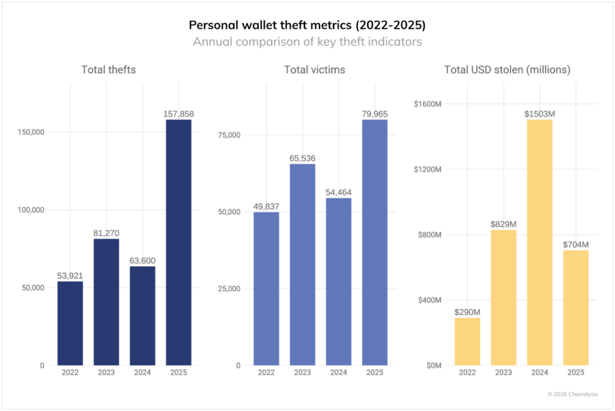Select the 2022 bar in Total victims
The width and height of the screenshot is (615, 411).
click(x=266, y=288)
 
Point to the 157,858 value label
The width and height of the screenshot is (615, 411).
click(x=178, y=114)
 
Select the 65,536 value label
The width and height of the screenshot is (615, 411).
click(x=302, y=158)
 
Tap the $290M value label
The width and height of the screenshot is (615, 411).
click(x=467, y=312)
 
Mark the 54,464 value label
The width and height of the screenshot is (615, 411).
click(x=338, y=192)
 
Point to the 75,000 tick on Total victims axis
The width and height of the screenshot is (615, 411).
click(x=228, y=135)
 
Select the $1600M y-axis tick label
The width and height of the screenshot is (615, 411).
click(x=428, y=103)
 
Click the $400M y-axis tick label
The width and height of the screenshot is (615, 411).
click(x=430, y=300)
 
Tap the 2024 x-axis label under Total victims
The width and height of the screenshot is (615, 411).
click(x=338, y=373)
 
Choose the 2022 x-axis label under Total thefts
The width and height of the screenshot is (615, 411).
click(x=70, y=373)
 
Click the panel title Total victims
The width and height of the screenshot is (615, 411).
click(x=315, y=70)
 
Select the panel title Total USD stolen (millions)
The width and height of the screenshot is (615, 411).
click(x=507, y=70)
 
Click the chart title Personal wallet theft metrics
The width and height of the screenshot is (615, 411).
click(x=307, y=25)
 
